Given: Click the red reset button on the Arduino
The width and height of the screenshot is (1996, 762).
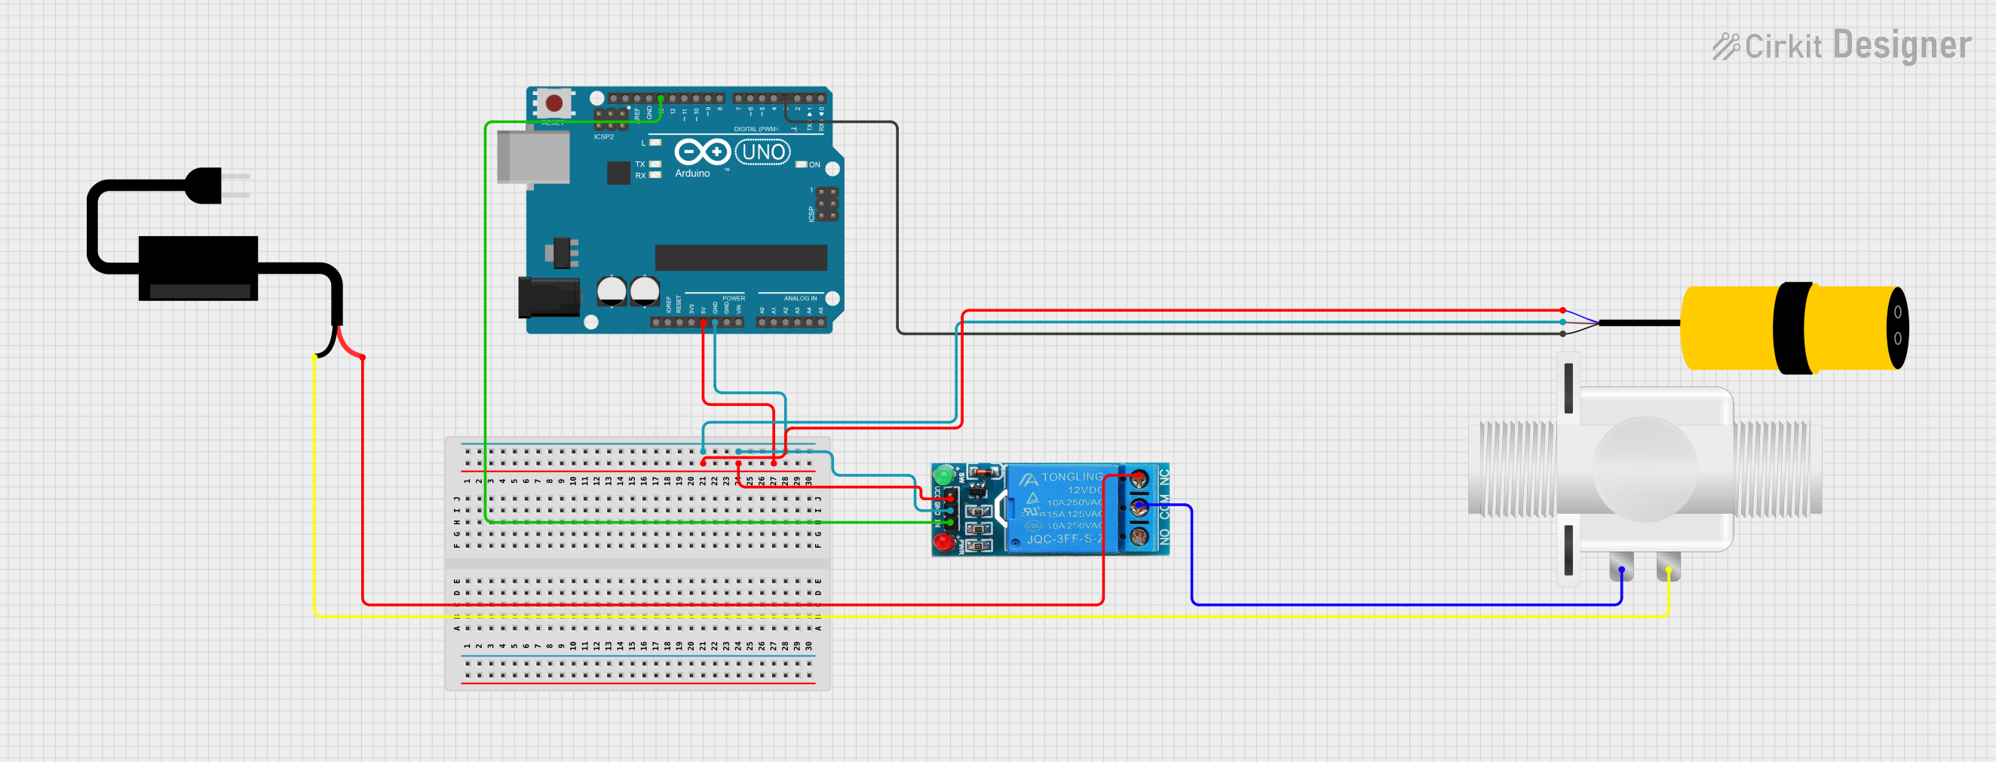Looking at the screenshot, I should click(x=554, y=103).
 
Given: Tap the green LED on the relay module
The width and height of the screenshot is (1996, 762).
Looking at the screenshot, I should click(x=943, y=475).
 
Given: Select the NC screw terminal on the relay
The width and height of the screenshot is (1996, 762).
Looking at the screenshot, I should click(x=1139, y=479).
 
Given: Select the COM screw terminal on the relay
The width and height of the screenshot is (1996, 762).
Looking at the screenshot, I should click(x=1139, y=508).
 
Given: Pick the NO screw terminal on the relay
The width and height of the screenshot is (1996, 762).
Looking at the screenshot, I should click(x=1139, y=536).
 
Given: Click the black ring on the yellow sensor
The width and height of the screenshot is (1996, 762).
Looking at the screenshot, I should click(x=1792, y=328).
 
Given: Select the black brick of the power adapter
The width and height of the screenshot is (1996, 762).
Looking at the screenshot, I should click(x=198, y=267).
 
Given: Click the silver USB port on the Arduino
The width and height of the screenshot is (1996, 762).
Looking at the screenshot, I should click(x=533, y=158).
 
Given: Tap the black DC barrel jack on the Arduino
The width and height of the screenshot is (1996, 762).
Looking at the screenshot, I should click(x=549, y=298).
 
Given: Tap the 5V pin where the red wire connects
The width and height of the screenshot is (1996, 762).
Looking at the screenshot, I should click(x=703, y=321).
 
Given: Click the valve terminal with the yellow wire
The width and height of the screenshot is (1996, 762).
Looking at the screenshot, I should click(x=1668, y=569).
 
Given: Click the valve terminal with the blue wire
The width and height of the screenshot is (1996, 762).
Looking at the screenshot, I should click(x=1621, y=569).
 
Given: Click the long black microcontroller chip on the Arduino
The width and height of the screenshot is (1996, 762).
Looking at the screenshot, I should click(x=740, y=257).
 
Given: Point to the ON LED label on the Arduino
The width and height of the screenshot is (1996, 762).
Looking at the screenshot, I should click(x=814, y=164).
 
